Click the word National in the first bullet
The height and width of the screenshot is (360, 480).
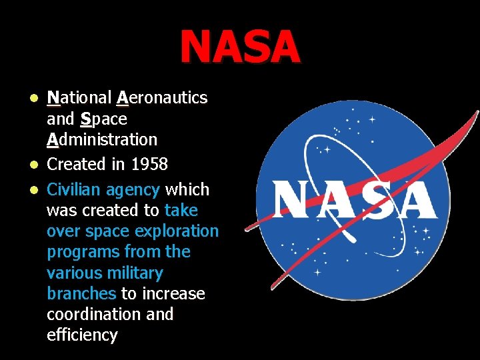(x=79, y=98)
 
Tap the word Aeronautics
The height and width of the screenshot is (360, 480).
(x=161, y=98)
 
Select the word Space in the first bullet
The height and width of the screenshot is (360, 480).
(x=103, y=119)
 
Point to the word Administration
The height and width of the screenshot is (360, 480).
(x=102, y=140)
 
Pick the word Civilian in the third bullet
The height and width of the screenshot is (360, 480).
(x=73, y=190)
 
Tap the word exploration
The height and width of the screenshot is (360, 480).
(x=177, y=231)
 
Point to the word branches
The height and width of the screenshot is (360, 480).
(x=81, y=294)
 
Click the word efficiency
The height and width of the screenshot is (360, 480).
(x=82, y=335)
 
